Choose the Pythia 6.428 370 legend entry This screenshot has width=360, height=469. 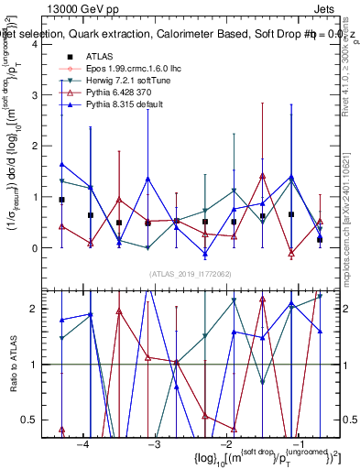click(118, 93)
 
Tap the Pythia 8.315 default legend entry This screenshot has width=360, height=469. click(124, 105)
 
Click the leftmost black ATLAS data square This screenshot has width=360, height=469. click(61, 200)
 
